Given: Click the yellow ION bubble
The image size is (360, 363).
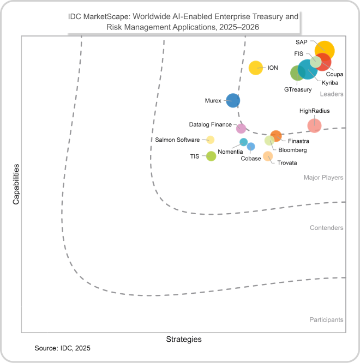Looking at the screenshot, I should (255, 68).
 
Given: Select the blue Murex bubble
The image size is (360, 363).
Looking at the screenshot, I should (233, 100).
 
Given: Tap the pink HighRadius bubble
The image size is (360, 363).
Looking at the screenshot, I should (314, 125).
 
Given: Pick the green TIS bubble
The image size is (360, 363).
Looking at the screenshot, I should (211, 156).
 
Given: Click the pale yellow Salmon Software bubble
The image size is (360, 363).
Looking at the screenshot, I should (210, 140).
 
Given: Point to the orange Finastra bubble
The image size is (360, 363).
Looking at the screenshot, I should (276, 136).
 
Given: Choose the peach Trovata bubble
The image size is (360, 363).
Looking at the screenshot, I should (268, 156).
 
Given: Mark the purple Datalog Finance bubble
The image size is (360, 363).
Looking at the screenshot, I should (241, 129).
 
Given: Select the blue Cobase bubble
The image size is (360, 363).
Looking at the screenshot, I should (251, 146).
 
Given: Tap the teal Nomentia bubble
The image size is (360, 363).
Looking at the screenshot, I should (244, 142).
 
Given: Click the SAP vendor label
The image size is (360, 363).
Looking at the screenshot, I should (302, 42).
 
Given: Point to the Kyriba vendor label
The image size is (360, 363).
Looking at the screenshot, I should (329, 82).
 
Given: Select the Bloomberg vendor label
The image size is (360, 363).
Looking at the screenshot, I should (292, 150).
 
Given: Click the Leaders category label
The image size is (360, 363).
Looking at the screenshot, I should (331, 94).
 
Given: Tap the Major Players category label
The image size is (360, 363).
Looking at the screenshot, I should (323, 178).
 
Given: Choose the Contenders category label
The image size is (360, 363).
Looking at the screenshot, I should (326, 228).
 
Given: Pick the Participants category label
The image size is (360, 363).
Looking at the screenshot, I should (326, 319).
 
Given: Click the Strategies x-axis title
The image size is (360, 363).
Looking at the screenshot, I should (184, 339).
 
